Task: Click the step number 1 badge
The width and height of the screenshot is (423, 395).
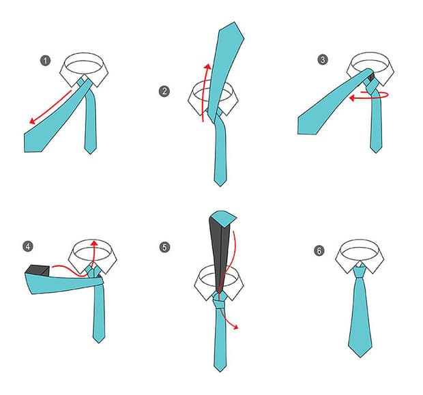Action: [46, 61]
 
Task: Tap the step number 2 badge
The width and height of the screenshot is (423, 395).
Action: [164, 91]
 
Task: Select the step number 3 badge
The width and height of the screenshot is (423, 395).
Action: [323, 59]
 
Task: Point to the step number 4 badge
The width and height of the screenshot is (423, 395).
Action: [28, 246]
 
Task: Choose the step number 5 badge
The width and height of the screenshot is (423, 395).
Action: [164, 247]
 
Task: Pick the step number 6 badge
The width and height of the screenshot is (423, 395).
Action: [319, 251]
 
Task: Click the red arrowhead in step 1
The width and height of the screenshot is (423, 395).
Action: [32, 121]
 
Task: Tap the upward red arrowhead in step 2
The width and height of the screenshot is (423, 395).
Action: [207, 67]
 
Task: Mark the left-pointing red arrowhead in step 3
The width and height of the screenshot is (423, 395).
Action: [351, 98]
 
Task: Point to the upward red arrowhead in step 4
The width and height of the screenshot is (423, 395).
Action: [94, 243]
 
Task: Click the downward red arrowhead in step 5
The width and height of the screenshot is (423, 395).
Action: [236, 327]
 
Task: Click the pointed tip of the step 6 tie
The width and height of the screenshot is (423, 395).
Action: [361, 357]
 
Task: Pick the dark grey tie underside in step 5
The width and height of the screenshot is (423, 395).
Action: [219, 254]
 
